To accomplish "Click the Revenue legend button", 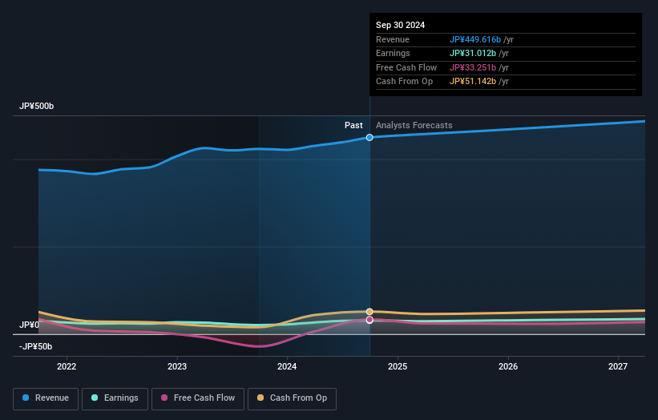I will pos(46,398).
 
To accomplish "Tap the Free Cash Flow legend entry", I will pos(197,398).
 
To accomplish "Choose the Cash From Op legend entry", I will pos(292,398).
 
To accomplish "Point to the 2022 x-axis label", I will pos(67,367).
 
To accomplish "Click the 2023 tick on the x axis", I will pos(177,367).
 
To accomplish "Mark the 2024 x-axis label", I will pos(287,367).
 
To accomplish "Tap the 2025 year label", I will pos(398,367).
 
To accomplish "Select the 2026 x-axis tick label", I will pos(507,367).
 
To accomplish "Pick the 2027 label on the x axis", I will pos(618,367).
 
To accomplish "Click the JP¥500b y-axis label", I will pos(36,107).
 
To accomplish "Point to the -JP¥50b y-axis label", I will pos(35,346).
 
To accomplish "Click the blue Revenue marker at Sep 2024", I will pos(369,138).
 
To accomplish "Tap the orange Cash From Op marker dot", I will pos(369,312).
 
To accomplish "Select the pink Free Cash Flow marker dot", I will pos(369,320).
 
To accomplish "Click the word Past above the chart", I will pos(353,126).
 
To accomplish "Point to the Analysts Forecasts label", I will pos(414,126).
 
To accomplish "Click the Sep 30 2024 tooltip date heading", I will pos(400,25).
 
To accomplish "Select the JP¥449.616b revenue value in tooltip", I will pos(475,39).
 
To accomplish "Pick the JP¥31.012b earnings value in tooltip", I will pos(473,54).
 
